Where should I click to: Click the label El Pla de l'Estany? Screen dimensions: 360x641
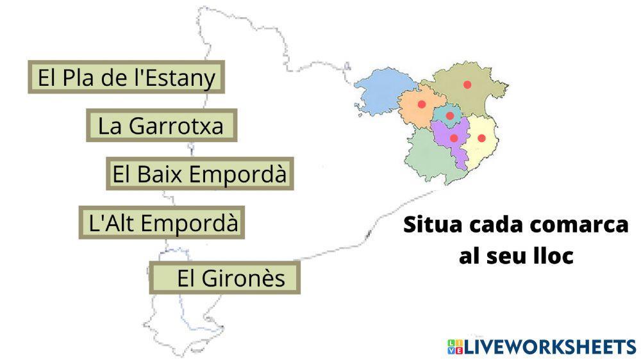(x=127, y=78)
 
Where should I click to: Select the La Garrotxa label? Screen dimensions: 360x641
(x=162, y=126)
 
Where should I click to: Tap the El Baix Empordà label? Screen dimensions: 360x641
(x=199, y=174)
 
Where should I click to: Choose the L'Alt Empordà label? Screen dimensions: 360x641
(x=162, y=223)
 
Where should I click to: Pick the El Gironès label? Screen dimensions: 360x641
(x=225, y=278)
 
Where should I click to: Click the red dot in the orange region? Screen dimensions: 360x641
(x=421, y=104)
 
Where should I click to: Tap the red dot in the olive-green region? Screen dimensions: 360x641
(x=467, y=85)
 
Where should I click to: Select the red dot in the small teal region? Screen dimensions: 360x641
(x=450, y=116)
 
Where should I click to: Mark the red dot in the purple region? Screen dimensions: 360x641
(x=454, y=138)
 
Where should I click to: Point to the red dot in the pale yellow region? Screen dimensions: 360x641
(x=481, y=138)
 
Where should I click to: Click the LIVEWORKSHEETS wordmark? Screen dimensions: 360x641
(x=550, y=347)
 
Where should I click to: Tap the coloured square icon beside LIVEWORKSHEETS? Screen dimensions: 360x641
(x=455, y=347)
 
